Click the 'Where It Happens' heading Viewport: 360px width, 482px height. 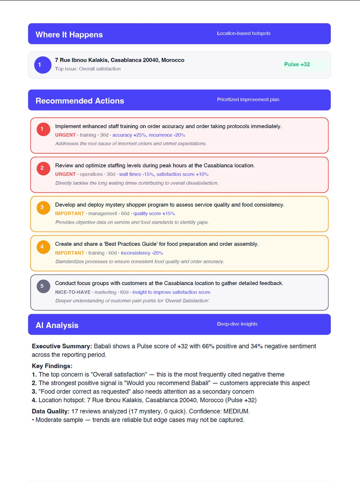point(69,35)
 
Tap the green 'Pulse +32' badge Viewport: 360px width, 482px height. point(297,64)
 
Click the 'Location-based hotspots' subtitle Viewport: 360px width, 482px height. point(244,33)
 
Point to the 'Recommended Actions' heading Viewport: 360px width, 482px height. point(80,101)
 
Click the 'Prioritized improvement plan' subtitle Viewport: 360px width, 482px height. point(248,100)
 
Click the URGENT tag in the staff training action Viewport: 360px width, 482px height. point(65,135)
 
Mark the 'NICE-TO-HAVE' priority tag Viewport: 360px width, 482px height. point(73,292)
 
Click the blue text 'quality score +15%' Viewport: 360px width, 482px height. point(154,214)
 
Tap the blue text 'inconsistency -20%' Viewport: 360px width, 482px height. point(142,253)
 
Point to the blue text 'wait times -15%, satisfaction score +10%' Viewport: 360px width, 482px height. point(164,174)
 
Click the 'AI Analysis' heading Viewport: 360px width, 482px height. point(57,325)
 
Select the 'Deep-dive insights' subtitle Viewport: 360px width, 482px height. point(237,324)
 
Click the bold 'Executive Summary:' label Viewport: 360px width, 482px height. point(62,346)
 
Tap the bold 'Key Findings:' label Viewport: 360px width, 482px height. point(52,366)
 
